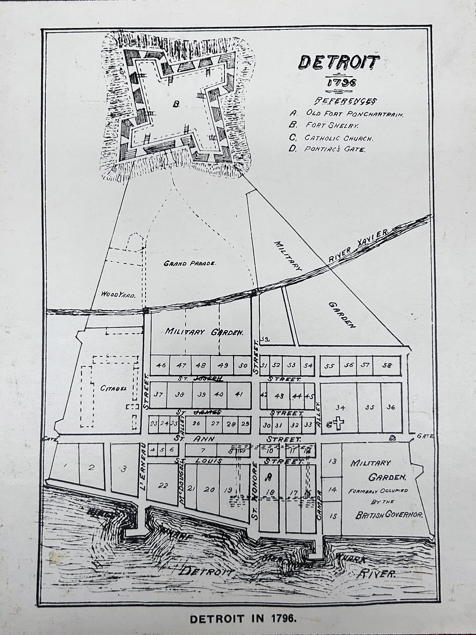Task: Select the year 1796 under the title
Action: tap(341, 82)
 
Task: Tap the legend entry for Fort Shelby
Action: tap(331, 125)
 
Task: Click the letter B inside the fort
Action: tap(177, 104)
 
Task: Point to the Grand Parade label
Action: tap(190, 263)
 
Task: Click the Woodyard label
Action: tap(118, 295)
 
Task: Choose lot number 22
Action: tap(163, 486)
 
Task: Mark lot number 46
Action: tap(161, 365)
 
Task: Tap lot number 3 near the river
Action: tap(124, 469)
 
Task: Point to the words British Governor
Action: tap(390, 516)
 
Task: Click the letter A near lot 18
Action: tap(269, 476)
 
